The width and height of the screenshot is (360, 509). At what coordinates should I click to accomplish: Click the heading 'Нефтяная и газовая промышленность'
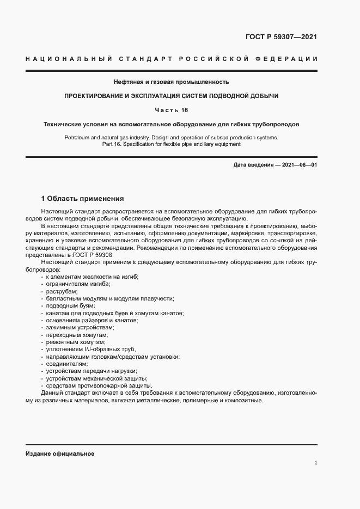pos(171,82)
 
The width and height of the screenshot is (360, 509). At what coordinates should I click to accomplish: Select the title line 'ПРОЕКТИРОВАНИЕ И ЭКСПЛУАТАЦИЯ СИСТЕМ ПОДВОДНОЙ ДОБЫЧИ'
pos(171,96)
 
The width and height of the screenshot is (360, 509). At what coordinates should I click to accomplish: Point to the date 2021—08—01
pos(295,164)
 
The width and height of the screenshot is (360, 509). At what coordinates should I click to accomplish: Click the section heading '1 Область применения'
pos(83,199)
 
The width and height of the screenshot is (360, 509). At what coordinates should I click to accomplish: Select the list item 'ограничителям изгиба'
pos(77,284)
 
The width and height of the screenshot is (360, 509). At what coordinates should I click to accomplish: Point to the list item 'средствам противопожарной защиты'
pos(89,385)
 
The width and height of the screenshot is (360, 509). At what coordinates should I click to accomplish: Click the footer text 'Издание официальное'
pos(60,453)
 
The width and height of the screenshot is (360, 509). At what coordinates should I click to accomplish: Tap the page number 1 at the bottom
pos(315,463)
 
